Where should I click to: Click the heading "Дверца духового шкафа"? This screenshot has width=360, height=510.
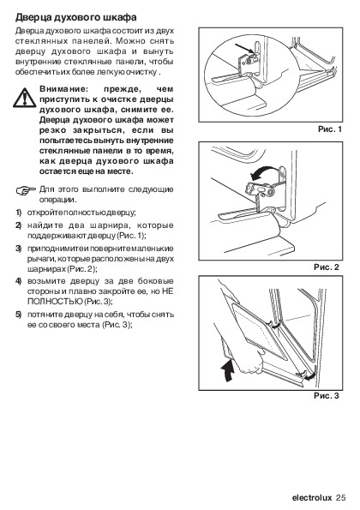click(x=76, y=17)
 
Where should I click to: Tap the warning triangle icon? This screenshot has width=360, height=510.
click(x=24, y=98)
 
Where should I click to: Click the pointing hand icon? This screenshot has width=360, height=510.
click(x=26, y=190)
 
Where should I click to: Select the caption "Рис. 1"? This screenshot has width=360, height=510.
click(x=330, y=129)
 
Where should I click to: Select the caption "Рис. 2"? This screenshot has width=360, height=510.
click(x=327, y=267)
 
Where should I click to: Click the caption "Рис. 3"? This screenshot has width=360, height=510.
click(x=327, y=396)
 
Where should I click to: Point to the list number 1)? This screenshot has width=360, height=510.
click(x=19, y=213)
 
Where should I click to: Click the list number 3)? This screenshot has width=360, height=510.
click(x=19, y=249)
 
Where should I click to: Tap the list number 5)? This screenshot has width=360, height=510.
click(x=19, y=315)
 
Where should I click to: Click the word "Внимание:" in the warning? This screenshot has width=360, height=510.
click(x=63, y=89)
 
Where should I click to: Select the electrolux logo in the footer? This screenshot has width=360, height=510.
click(x=312, y=498)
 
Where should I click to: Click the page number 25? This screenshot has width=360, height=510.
click(x=340, y=498)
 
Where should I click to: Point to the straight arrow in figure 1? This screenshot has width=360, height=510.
click(x=244, y=48)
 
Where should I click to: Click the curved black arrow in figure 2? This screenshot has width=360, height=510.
click(x=264, y=172)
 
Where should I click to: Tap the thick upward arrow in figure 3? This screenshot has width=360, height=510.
click(x=228, y=370)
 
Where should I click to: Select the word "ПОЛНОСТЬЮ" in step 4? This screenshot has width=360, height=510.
click(x=55, y=302)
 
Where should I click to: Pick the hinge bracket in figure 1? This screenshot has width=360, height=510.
click(x=249, y=64)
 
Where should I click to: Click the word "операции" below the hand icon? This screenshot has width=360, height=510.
click(x=57, y=200)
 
